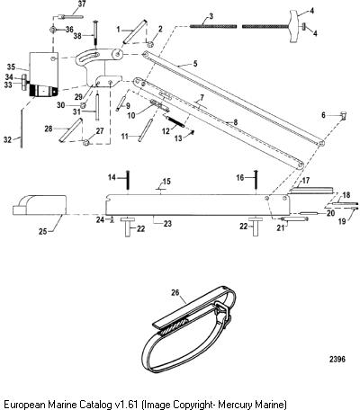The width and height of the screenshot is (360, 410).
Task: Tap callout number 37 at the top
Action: pyautogui.click(x=82, y=4)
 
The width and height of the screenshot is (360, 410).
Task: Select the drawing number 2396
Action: pyautogui.click(x=337, y=359)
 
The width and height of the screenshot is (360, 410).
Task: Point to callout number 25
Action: pyautogui.click(x=43, y=231)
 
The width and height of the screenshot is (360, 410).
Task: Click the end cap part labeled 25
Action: pyautogui.click(x=40, y=205)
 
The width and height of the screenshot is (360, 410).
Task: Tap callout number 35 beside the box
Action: pyautogui.click(x=11, y=67)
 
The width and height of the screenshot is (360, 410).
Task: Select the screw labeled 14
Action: pyautogui.click(x=128, y=179)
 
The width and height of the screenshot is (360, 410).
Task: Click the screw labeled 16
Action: pyautogui.click(x=256, y=179)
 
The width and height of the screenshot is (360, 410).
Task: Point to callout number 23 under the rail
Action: pyautogui.click(x=167, y=223)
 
